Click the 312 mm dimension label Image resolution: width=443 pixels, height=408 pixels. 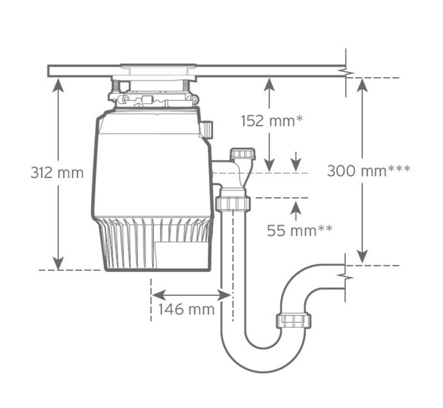[x=57, y=172]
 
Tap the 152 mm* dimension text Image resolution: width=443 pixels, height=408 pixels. [x=272, y=121]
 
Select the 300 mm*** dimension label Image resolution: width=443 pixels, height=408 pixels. [x=369, y=171]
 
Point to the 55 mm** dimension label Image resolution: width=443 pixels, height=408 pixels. [x=300, y=231]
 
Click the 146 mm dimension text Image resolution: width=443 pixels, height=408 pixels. [x=186, y=309]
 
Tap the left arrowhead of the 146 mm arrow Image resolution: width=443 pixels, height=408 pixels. [x=158, y=295]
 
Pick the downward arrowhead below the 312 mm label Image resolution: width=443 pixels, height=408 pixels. [x=58, y=263]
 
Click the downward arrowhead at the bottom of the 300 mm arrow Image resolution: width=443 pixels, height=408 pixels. [x=362, y=257]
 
